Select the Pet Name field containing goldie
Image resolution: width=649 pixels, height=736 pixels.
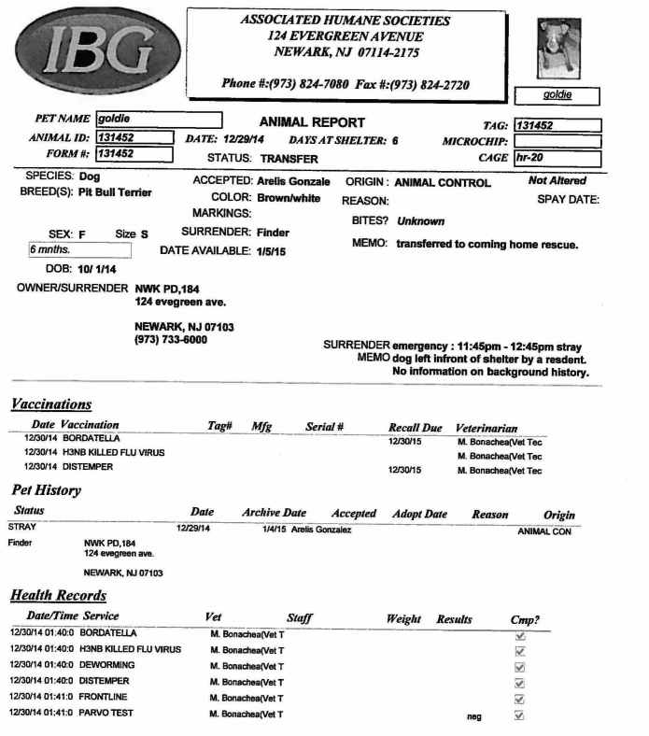pos(159,120)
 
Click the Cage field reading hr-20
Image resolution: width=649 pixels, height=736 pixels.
pos(557,158)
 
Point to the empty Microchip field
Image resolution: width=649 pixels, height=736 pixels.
pos(557,141)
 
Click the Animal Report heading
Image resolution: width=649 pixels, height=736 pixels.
pos(312,122)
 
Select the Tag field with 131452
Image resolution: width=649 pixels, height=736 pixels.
pos(557,125)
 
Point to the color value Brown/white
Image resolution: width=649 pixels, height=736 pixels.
pos(289,198)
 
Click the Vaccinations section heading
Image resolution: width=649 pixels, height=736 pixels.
pos(50,404)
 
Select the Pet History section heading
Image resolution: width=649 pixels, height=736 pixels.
pos(46,490)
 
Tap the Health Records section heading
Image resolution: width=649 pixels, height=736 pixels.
pos(58,596)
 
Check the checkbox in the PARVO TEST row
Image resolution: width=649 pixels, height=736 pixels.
pos(520,715)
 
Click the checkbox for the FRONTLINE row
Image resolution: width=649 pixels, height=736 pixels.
pos(520,699)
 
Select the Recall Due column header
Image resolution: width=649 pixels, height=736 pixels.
pos(415,428)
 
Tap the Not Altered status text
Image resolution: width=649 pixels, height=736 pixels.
pos(557,180)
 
